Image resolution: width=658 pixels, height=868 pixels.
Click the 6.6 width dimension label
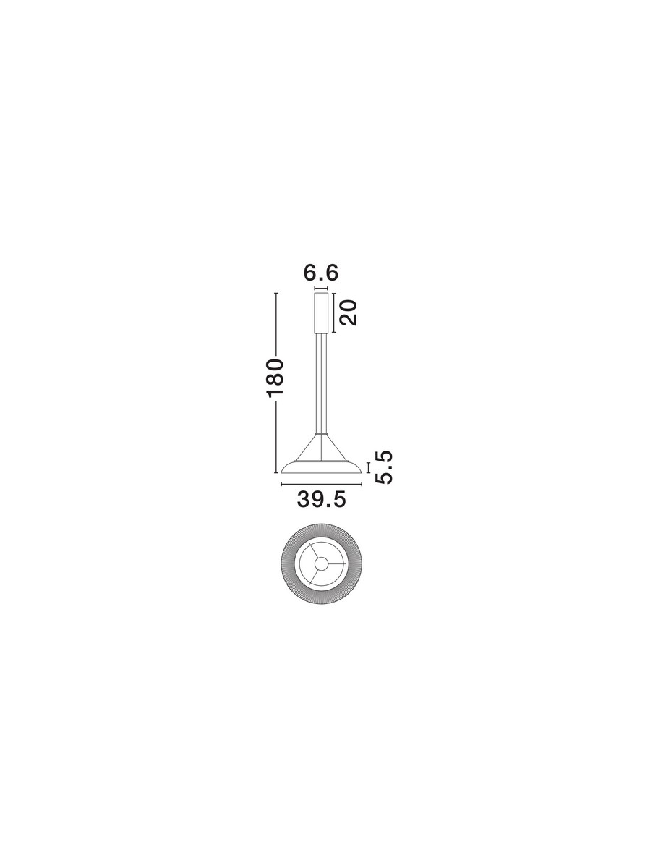tap(320, 273)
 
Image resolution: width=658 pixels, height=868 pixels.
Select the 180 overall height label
tap(275, 378)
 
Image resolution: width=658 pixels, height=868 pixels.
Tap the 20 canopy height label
tap(349, 312)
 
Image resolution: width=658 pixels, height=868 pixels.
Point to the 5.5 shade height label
tap(384, 467)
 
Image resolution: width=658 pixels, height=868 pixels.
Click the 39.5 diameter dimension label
tap(321, 499)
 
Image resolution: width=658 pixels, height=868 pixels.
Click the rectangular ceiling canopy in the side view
tap(321, 313)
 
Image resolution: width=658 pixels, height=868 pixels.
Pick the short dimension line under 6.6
tap(321, 289)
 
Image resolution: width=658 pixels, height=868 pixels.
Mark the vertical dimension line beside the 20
tap(333, 312)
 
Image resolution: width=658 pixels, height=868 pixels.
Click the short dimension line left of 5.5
tap(368, 467)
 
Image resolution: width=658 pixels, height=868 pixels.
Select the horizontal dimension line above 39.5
tap(321, 484)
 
